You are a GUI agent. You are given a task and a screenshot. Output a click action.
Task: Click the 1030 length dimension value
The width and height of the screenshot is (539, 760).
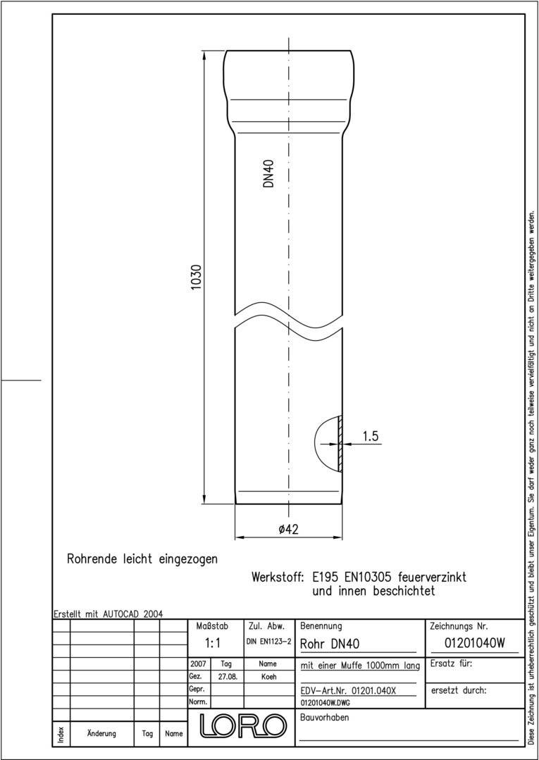[197, 278]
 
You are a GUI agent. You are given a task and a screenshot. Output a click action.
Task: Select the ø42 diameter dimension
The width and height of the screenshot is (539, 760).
[289, 530]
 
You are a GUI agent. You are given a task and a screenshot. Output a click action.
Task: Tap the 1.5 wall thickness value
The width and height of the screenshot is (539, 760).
[371, 437]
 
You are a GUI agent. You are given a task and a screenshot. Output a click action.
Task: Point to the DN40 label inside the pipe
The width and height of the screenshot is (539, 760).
[268, 173]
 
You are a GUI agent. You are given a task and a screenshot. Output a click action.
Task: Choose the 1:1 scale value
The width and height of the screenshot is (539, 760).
[213, 643]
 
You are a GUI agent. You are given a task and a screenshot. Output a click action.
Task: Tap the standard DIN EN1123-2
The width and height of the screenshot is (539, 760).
[268, 642]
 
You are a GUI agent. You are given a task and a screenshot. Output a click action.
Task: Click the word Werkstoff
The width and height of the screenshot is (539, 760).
[277, 577]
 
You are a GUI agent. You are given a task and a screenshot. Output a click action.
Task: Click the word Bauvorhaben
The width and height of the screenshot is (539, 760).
[325, 718]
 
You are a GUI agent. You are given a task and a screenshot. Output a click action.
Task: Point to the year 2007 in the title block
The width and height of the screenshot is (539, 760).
[198, 664]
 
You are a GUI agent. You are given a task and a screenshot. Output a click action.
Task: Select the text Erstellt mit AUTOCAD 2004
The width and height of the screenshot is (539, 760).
[109, 613]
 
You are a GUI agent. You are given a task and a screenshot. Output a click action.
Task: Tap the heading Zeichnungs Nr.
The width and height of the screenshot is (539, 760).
[459, 625]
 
